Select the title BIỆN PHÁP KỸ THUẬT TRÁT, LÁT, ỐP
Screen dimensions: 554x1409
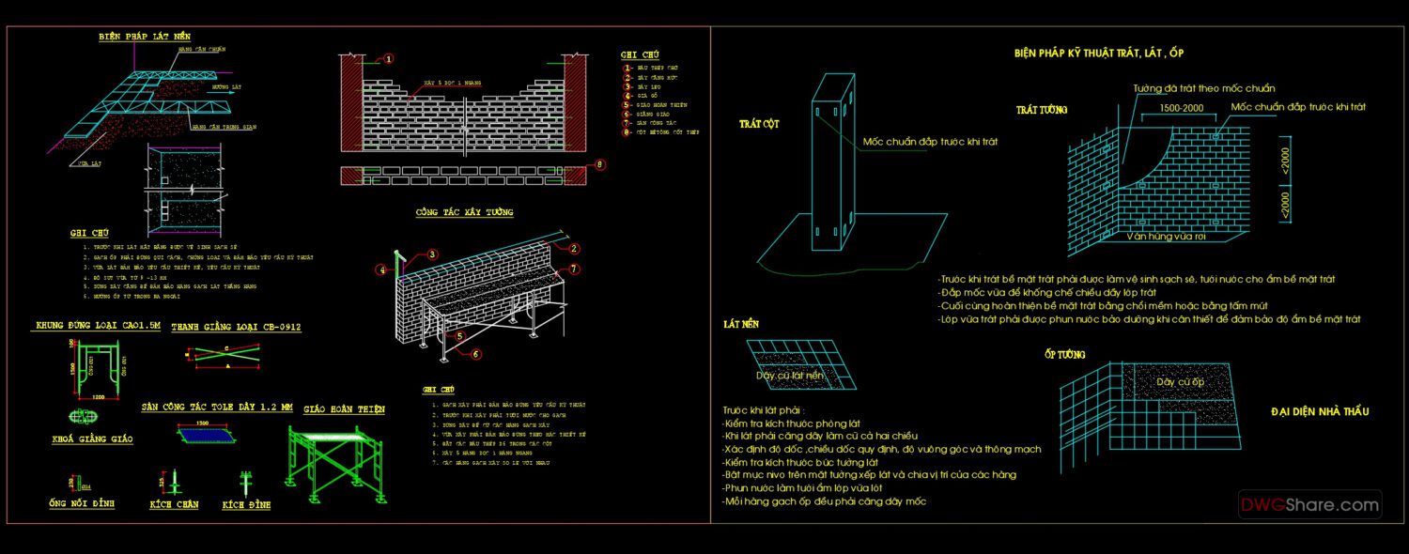coord(1105,54)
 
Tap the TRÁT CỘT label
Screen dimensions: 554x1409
coord(759,124)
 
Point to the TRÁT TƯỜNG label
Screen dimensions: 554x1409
coord(1041,110)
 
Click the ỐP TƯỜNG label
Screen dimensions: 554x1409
coord(1064,354)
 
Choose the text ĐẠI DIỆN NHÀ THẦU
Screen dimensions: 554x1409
coord(1320,411)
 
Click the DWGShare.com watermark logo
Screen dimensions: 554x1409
coord(1309,505)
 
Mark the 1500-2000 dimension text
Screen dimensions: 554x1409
coord(1180,108)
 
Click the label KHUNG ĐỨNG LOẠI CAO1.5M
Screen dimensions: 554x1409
coord(99,326)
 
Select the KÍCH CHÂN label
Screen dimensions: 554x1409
coord(175,505)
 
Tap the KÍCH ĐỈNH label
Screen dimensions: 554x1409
coord(246,505)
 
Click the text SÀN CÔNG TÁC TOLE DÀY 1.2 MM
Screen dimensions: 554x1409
coord(217,408)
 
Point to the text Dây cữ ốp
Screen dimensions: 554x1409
coord(1180,382)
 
